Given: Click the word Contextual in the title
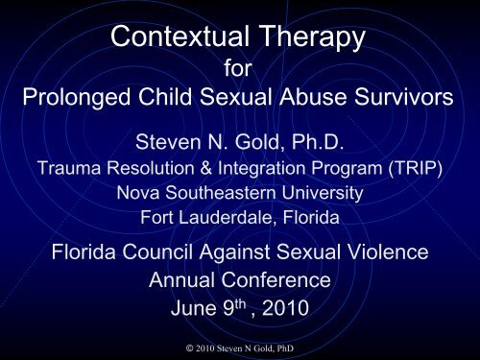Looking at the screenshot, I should [173, 39].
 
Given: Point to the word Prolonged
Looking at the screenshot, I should [70, 102].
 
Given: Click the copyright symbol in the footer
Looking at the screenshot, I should [171, 342].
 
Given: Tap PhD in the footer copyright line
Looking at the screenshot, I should [296, 342].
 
